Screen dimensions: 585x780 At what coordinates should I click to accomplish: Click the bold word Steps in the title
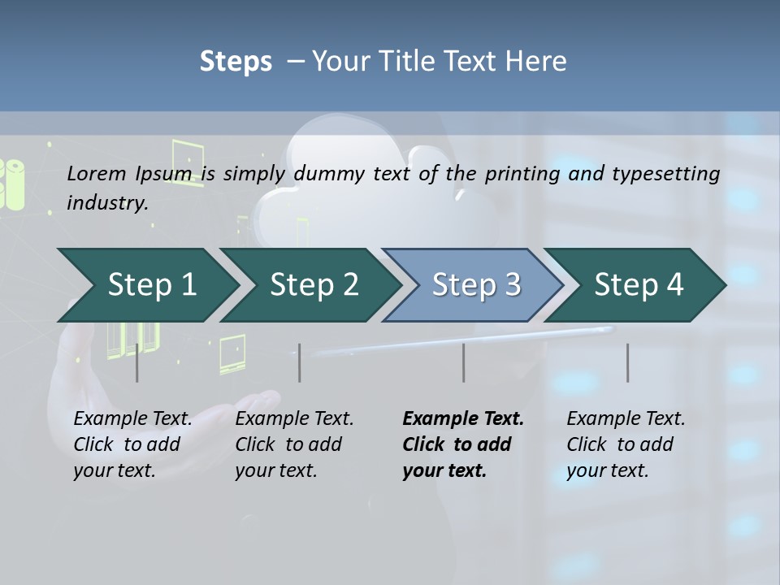pyautogui.click(x=236, y=61)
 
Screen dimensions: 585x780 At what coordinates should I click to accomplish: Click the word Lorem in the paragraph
pyautogui.click(x=97, y=173)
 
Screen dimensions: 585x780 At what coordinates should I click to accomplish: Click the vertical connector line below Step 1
pyautogui.click(x=137, y=362)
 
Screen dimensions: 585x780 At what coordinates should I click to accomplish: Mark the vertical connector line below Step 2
pyautogui.click(x=300, y=362)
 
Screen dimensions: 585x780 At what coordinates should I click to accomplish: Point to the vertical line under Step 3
pyautogui.click(x=464, y=362)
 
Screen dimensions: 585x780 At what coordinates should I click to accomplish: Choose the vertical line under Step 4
pyautogui.click(x=628, y=362)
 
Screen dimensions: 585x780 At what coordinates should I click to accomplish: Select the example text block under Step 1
pyautogui.click(x=132, y=444)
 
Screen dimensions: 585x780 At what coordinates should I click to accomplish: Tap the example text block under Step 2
pyautogui.click(x=294, y=444)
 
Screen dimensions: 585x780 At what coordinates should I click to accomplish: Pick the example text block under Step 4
pyautogui.click(x=626, y=444)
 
